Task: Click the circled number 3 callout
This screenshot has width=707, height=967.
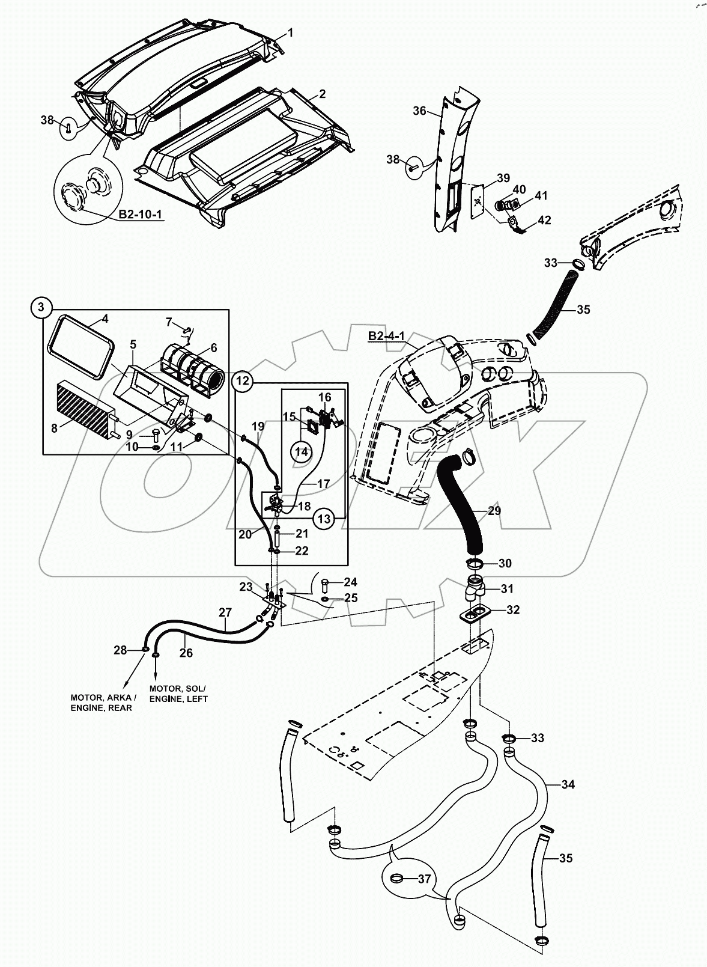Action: click(x=41, y=308)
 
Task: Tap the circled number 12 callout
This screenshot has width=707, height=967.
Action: click(x=242, y=380)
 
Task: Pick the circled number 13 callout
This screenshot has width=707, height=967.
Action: click(x=324, y=518)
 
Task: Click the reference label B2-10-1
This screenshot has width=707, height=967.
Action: click(x=140, y=215)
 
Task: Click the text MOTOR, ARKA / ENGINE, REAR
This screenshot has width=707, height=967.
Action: click(x=103, y=703)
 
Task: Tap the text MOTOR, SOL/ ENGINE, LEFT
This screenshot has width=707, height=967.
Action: click(x=178, y=694)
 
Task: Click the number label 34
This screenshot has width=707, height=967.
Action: click(x=568, y=784)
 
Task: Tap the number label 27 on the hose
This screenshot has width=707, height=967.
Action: click(x=225, y=612)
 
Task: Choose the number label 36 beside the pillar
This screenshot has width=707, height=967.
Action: click(x=419, y=111)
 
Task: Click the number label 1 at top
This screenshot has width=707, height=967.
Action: click(x=291, y=32)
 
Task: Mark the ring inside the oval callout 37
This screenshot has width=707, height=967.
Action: click(x=397, y=879)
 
